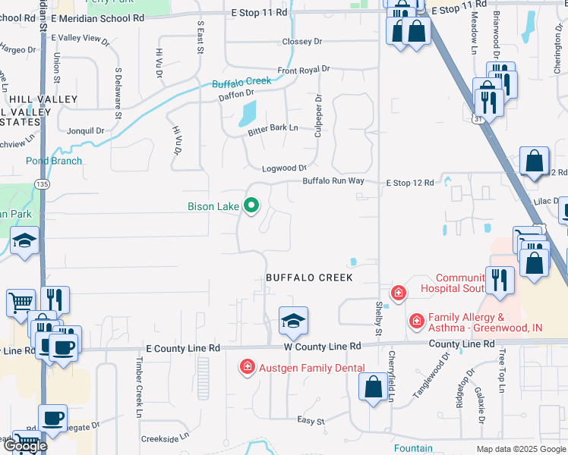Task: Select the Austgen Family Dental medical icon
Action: [x=247, y=368]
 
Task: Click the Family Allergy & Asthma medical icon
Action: [x=416, y=322]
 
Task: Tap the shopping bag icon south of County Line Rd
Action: [x=373, y=388]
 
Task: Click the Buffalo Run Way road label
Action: [x=333, y=181]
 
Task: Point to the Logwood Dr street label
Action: [x=284, y=168]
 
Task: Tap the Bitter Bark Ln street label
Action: [x=273, y=130]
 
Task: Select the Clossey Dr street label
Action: [x=301, y=42]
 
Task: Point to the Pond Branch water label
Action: [x=54, y=161]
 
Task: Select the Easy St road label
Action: [x=311, y=420]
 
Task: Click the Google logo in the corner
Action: [x=24, y=445]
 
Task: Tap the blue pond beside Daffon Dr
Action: [x=248, y=115]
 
